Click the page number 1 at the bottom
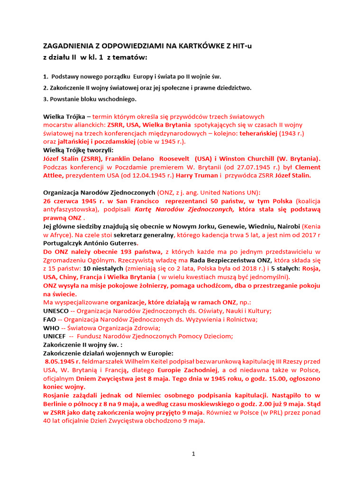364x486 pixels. pos(193,454)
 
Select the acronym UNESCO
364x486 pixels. pos(56,311)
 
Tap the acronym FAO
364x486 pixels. pos(50,319)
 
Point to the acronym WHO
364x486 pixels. pos(51,328)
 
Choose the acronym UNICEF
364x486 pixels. pos(55,336)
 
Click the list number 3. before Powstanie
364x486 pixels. pos(45,99)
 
